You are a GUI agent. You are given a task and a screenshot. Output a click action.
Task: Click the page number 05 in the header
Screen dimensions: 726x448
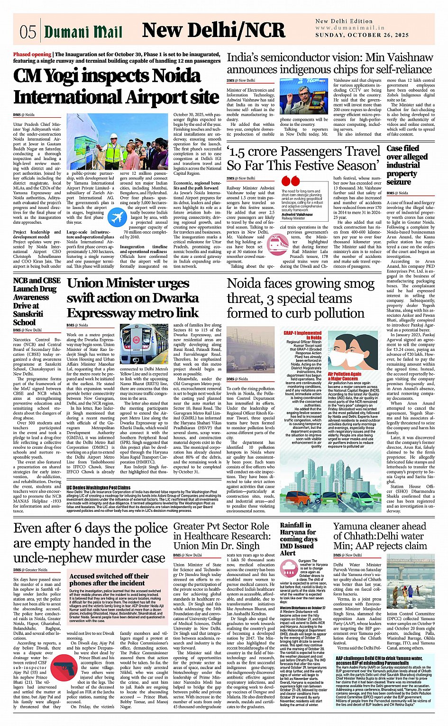click(28, 32)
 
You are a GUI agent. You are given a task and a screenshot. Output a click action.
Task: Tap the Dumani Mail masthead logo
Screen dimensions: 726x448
click(83, 32)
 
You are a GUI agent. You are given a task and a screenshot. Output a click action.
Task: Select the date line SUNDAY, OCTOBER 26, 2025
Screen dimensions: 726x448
click(362, 35)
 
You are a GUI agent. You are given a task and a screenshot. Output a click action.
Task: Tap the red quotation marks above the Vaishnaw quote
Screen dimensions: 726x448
click(290, 181)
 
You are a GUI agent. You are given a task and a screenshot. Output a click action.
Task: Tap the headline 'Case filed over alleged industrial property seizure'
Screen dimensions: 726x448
click(403, 165)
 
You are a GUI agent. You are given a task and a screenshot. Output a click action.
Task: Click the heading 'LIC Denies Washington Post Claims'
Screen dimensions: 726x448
click(99, 488)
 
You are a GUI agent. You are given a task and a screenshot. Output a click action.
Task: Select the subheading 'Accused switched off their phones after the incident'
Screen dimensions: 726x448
click(109, 579)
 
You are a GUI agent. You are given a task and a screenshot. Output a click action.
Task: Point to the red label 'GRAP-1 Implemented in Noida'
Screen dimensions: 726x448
click(302, 335)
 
